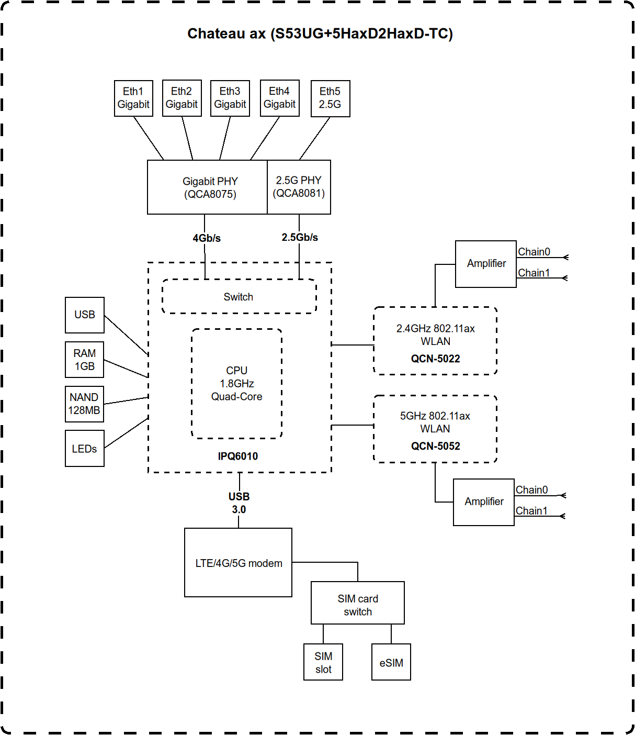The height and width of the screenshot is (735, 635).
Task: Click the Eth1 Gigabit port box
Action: [x=133, y=98]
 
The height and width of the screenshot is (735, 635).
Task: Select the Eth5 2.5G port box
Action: [x=330, y=98]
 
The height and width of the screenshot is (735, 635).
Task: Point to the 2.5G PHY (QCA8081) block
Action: [x=299, y=187]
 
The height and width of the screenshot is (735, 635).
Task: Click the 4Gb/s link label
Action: [x=207, y=238]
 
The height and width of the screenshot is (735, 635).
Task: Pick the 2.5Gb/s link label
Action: [x=300, y=237]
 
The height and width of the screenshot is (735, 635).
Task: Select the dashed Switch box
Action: [x=239, y=297]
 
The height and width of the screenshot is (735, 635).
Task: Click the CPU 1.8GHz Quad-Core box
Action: [x=236, y=384]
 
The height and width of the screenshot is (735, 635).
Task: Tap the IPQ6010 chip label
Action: [x=238, y=456]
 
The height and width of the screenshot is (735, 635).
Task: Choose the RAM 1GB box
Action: [x=84, y=360]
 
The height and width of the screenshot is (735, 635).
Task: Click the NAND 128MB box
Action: [x=84, y=404]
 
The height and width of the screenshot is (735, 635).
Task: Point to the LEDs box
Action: [x=84, y=449]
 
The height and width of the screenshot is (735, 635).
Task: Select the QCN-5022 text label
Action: [x=435, y=359]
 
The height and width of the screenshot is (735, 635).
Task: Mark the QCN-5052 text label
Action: [x=435, y=446]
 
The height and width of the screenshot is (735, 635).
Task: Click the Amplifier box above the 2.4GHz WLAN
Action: [x=486, y=264]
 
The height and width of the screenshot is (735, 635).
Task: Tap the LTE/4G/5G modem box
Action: [x=238, y=563]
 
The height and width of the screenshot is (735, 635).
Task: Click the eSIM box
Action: [x=391, y=662]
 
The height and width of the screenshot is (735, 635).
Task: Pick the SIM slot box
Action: [x=323, y=662]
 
